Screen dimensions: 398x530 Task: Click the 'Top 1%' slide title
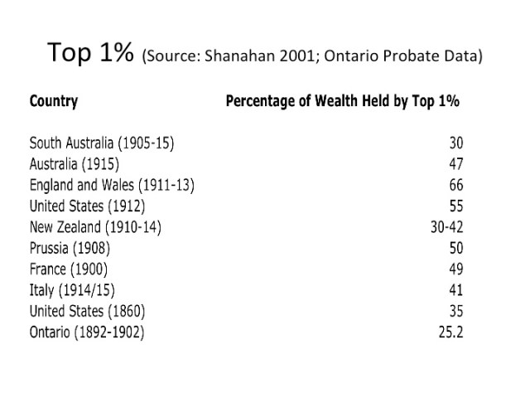click(x=91, y=54)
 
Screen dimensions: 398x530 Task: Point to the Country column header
click(x=53, y=102)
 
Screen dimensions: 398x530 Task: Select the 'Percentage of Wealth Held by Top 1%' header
click(x=342, y=102)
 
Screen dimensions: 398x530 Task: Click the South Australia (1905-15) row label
click(x=102, y=143)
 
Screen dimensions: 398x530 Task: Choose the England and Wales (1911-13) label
click(x=111, y=185)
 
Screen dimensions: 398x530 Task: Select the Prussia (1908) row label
click(x=70, y=248)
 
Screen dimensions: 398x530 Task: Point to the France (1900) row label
click(x=68, y=269)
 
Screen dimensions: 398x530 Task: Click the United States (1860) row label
click(x=87, y=312)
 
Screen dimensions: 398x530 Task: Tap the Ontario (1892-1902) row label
click(x=86, y=332)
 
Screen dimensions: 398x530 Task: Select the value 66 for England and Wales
click(x=455, y=185)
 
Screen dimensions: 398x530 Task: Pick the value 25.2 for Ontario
click(x=450, y=332)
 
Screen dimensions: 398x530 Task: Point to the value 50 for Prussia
click(x=455, y=248)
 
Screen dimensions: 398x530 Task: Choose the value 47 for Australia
click(x=455, y=163)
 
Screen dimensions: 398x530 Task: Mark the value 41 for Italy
click(x=455, y=290)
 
